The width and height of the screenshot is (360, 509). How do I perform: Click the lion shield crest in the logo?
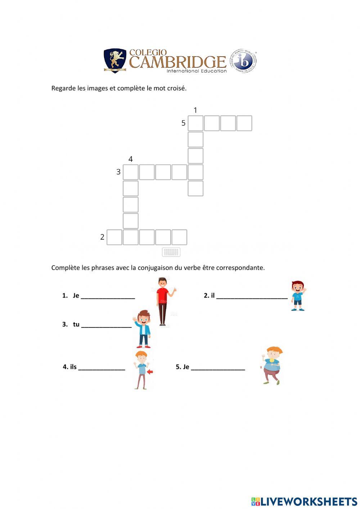(x=115, y=61)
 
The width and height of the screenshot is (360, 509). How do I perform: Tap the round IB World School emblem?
(x=244, y=61)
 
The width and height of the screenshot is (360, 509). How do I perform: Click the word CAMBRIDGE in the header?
(x=177, y=62)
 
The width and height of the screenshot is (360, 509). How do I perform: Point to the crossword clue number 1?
(x=195, y=110)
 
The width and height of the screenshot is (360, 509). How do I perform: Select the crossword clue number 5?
(x=183, y=123)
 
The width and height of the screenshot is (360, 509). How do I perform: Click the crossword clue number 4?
(x=130, y=159)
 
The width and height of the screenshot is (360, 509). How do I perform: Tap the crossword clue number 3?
(x=118, y=172)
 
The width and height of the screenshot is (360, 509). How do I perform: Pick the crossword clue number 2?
(x=102, y=237)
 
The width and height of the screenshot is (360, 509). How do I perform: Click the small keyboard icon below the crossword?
(x=171, y=252)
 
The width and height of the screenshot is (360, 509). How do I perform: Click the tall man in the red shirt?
(x=164, y=301)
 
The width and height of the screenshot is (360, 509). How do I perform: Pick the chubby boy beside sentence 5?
(x=272, y=366)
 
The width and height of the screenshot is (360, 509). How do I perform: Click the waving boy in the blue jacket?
(x=143, y=328)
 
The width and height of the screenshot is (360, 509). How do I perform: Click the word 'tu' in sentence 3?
(x=76, y=324)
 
